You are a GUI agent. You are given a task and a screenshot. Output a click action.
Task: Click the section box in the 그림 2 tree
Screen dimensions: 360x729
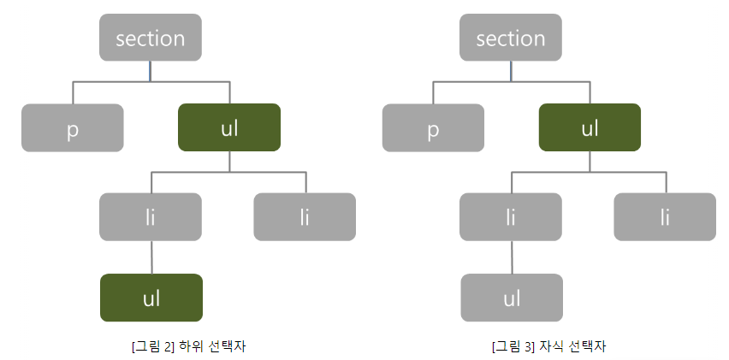point(151,38)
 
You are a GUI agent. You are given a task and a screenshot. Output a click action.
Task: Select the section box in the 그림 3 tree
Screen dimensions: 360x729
point(511,38)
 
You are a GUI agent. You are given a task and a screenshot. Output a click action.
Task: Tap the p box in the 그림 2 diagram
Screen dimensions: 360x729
point(73,127)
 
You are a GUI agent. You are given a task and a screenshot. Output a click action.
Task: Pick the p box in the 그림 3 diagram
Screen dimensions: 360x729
point(433,127)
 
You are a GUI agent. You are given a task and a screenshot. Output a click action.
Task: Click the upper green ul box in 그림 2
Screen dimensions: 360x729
point(229,127)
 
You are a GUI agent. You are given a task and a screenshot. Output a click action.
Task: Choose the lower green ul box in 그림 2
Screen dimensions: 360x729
point(151,298)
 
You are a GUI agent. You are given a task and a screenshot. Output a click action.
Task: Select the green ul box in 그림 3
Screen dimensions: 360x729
point(590,127)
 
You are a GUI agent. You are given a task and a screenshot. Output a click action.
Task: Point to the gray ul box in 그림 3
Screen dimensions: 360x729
point(512,298)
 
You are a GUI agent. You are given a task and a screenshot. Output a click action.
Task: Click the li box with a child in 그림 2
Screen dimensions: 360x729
point(151,216)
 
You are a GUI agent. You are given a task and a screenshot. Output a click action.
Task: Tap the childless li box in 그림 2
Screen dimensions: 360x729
point(305,216)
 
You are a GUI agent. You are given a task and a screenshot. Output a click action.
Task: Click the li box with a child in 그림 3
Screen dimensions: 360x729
point(511,216)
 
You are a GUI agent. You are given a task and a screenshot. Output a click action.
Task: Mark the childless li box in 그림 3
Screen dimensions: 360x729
point(665,216)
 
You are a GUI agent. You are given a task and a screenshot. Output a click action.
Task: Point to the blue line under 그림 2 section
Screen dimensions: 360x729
point(151,71)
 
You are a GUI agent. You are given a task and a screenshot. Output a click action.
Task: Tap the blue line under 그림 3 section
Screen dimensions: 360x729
point(512,71)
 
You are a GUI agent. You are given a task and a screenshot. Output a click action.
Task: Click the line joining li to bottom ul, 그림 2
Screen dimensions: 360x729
point(151,257)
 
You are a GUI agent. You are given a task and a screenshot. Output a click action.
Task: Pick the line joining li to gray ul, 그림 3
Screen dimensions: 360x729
point(512,257)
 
